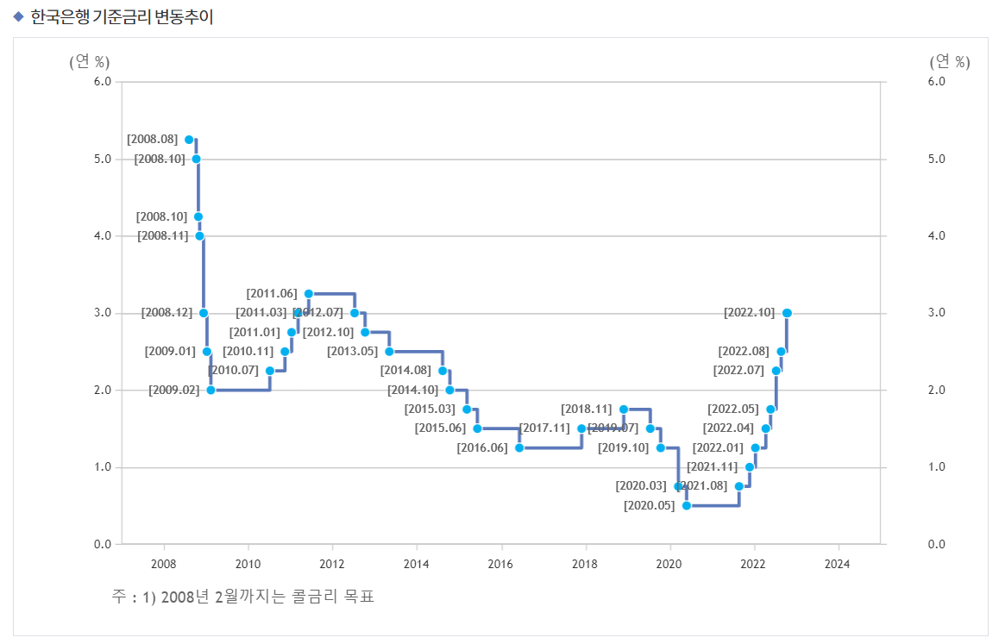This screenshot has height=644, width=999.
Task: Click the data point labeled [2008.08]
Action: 189,139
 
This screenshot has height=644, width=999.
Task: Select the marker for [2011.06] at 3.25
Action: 309,293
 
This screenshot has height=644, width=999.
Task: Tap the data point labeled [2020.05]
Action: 687,505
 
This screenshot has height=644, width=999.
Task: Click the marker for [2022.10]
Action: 787,313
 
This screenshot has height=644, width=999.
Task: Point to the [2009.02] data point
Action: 210,390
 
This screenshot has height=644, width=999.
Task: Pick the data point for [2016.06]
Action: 519,447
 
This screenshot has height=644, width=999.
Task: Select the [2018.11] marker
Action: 624,409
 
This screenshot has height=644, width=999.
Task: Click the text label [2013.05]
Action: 352,352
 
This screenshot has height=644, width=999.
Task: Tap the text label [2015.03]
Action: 430,409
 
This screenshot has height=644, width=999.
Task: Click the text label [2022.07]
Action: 738,371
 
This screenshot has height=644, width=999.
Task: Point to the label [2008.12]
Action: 166,313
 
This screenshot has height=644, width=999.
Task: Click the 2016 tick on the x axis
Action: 501,564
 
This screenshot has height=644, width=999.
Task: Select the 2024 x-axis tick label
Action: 838,564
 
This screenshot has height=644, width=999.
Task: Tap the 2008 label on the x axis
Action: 163,564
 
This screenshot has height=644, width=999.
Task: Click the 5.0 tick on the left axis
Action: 103,159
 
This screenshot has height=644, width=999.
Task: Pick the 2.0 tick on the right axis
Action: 936,390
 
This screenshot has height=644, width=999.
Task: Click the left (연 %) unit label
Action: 90,61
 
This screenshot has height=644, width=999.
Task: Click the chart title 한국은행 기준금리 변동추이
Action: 122,17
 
